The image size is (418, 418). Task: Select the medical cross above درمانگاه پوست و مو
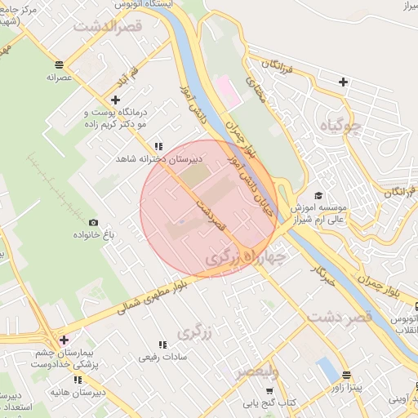click(115, 100)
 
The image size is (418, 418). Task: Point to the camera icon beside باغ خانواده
click(93, 223)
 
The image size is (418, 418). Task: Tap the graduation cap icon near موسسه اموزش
click(318, 195)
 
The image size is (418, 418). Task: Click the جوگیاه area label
click(341, 125)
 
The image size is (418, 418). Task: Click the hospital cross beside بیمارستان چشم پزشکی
click(64, 339)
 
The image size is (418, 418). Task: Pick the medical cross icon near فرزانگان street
click(343, 82)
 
